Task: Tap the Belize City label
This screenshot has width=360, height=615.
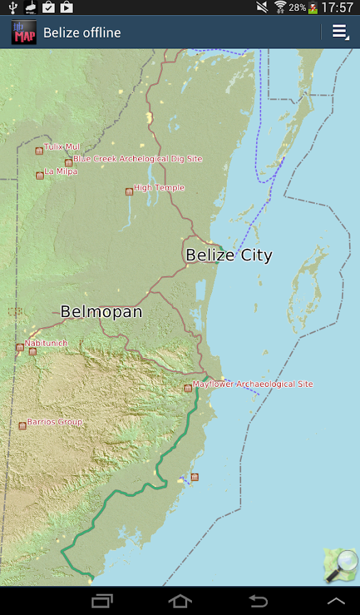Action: (229, 256)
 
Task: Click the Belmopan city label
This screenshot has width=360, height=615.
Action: (101, 312)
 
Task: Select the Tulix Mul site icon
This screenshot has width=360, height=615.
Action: (39, 151)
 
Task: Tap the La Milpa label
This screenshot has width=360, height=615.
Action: (61, 172)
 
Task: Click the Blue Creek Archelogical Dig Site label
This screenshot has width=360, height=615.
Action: (138, 159)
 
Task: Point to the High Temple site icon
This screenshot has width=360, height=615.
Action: (128, 192)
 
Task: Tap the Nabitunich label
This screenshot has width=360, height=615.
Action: (46, 342)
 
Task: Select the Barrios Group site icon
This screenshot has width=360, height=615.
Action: (23, 426)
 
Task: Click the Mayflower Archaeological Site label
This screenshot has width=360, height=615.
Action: (253, 384)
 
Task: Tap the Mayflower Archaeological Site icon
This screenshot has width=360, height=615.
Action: (188, 388)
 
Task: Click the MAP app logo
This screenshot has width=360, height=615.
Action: (24, 33)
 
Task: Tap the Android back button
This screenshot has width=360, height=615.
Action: (258, 601)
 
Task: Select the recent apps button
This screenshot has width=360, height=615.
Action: (102, 601)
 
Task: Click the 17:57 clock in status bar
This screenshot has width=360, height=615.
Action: (337, 8)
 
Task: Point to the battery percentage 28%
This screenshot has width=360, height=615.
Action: (297, 8)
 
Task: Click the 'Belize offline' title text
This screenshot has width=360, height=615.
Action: (82, 33)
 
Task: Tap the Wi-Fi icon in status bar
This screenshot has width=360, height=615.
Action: (280, 8)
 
